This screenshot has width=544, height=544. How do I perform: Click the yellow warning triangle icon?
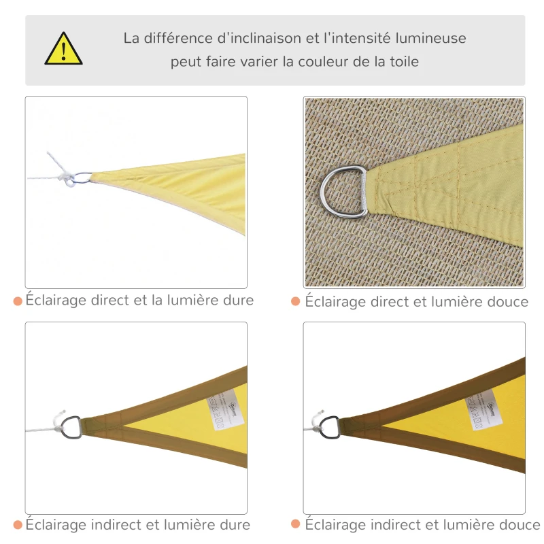tap(63, 50)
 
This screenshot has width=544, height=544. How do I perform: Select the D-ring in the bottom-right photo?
tap(329, 427)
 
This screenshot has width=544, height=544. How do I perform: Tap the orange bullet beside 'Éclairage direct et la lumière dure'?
tap(17, 300)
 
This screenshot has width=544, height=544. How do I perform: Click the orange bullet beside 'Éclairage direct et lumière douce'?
tap(296, 301)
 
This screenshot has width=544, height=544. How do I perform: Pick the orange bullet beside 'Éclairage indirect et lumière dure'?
tap(17, 524)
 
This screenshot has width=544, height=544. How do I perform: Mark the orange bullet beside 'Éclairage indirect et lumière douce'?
tap(296, 524)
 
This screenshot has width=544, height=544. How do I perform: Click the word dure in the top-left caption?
tap(237, 300)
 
